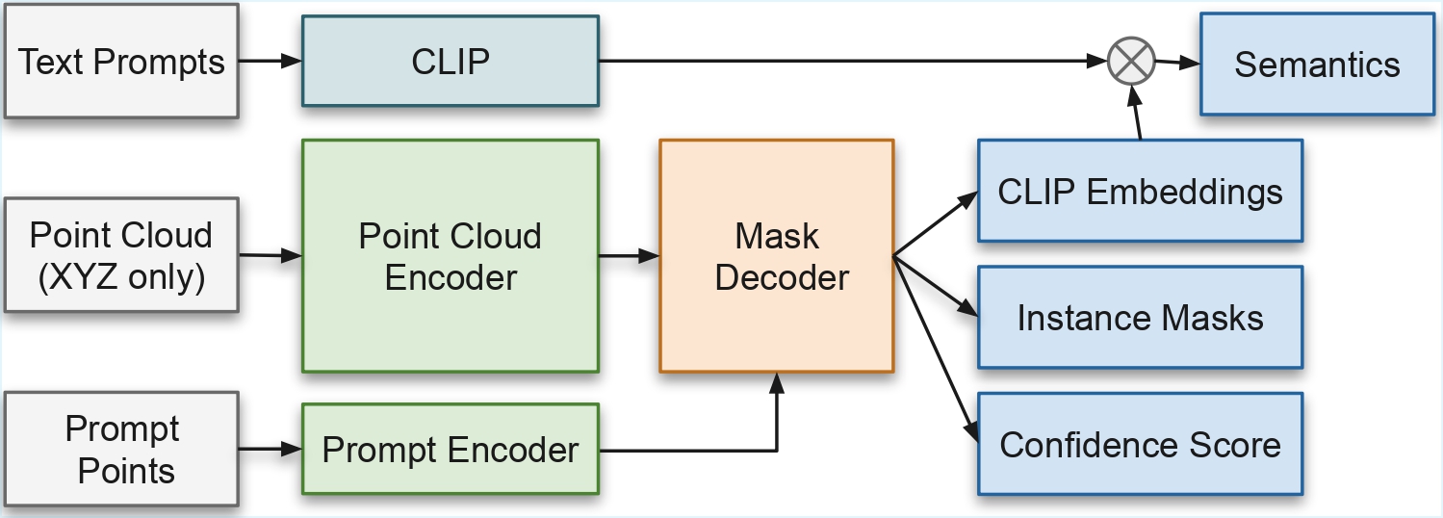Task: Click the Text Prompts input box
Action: (121, 63)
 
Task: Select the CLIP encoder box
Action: (451, 62)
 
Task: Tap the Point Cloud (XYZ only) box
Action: (121, 255)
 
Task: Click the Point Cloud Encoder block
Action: (451, 256)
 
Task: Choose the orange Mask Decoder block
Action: (777, 256)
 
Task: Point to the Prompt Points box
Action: (121, 450)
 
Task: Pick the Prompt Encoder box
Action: (451, 450)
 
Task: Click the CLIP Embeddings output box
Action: (1140, 192)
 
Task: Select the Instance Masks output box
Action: (1140, 318)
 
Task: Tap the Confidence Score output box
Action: (1140, 445)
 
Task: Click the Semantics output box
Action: (1317, 65)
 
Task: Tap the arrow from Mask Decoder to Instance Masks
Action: (936, 286)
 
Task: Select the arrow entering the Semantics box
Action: (1178, 63)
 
